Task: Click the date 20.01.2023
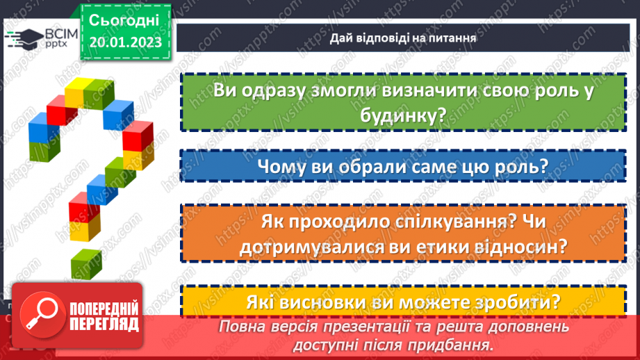pos(125,42)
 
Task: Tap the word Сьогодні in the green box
pos(125,19)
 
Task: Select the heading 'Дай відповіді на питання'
pos(403,38)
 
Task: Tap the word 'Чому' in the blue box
pos(281,167)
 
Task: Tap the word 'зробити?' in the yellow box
pos(515,303)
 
